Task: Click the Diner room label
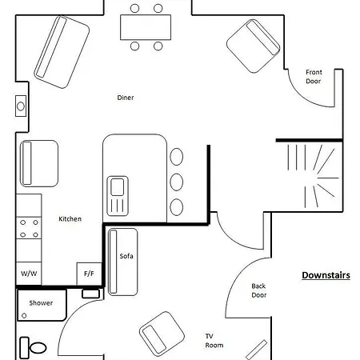pyautogui.click(x=126, y=98)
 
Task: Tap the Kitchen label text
pyautogui.click(x=70, y=219)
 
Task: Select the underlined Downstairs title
pyautogui.click(x=326, y=275)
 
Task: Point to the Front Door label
pyautogui.click(x=314, y=77)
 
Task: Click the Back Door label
pyautogui.click(x=259, y=290)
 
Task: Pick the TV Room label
pyautogui.click(x=214, y=341)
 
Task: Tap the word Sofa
pyautogui.click(x=126, y=256)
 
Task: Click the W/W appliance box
pyautogui.click(x=29, y=274)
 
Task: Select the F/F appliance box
pyautogui.click(x=89, y=274)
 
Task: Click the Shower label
pyautogui.click(x=41, y=303)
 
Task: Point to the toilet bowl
pyautogui.click(x=38, y=348)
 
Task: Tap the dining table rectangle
pyautogui.click(x=146, y=27)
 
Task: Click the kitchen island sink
pyautogui.click(x=118, y=196)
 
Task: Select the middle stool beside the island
pyautogui.click(x=177, y=182)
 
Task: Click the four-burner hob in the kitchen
pyautogui.click(x=29, y=228)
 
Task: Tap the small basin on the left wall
pyautogui.click(x=21, y=106)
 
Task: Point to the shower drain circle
pyautogui.click(x=24, y=316)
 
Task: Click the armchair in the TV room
pyautogui.click(x=162, y=334)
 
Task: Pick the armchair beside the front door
pyautogui.click(x=254, y=46)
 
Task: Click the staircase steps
pyautogui.click(x=314, y=176)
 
